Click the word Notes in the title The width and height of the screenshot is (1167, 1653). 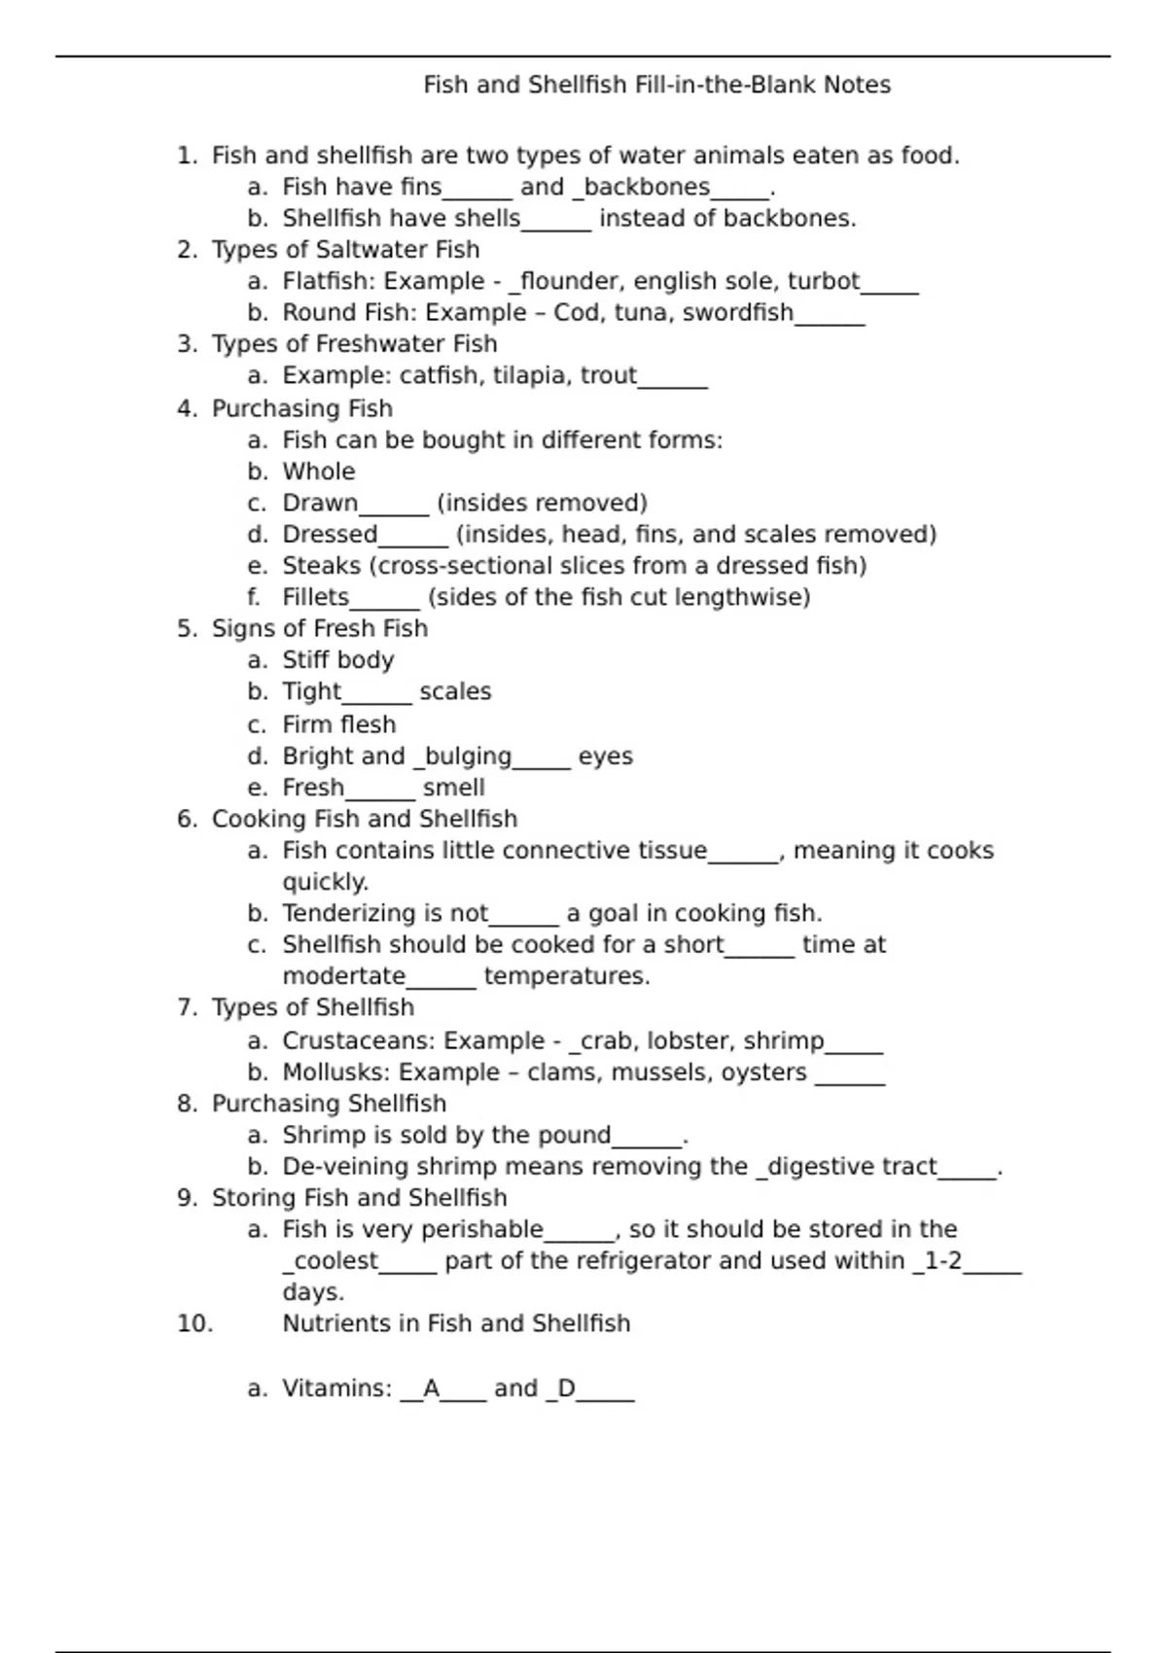coord(857,86)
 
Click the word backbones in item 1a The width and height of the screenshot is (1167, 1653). coord(647,187)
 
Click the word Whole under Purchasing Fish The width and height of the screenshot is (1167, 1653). coord(318,472)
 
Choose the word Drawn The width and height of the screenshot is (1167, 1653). coord(320,503)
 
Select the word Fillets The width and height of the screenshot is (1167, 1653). coord(315,597)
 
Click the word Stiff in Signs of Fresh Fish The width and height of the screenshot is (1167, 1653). coord(303,660)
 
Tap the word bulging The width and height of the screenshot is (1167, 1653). coord(469,756)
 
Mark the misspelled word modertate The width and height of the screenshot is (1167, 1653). coord(343,976)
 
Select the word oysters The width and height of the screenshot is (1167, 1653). coord(763,1073)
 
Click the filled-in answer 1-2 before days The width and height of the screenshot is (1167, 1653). coord(941,1261)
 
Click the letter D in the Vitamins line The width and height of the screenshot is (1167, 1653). coord(566,1389)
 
